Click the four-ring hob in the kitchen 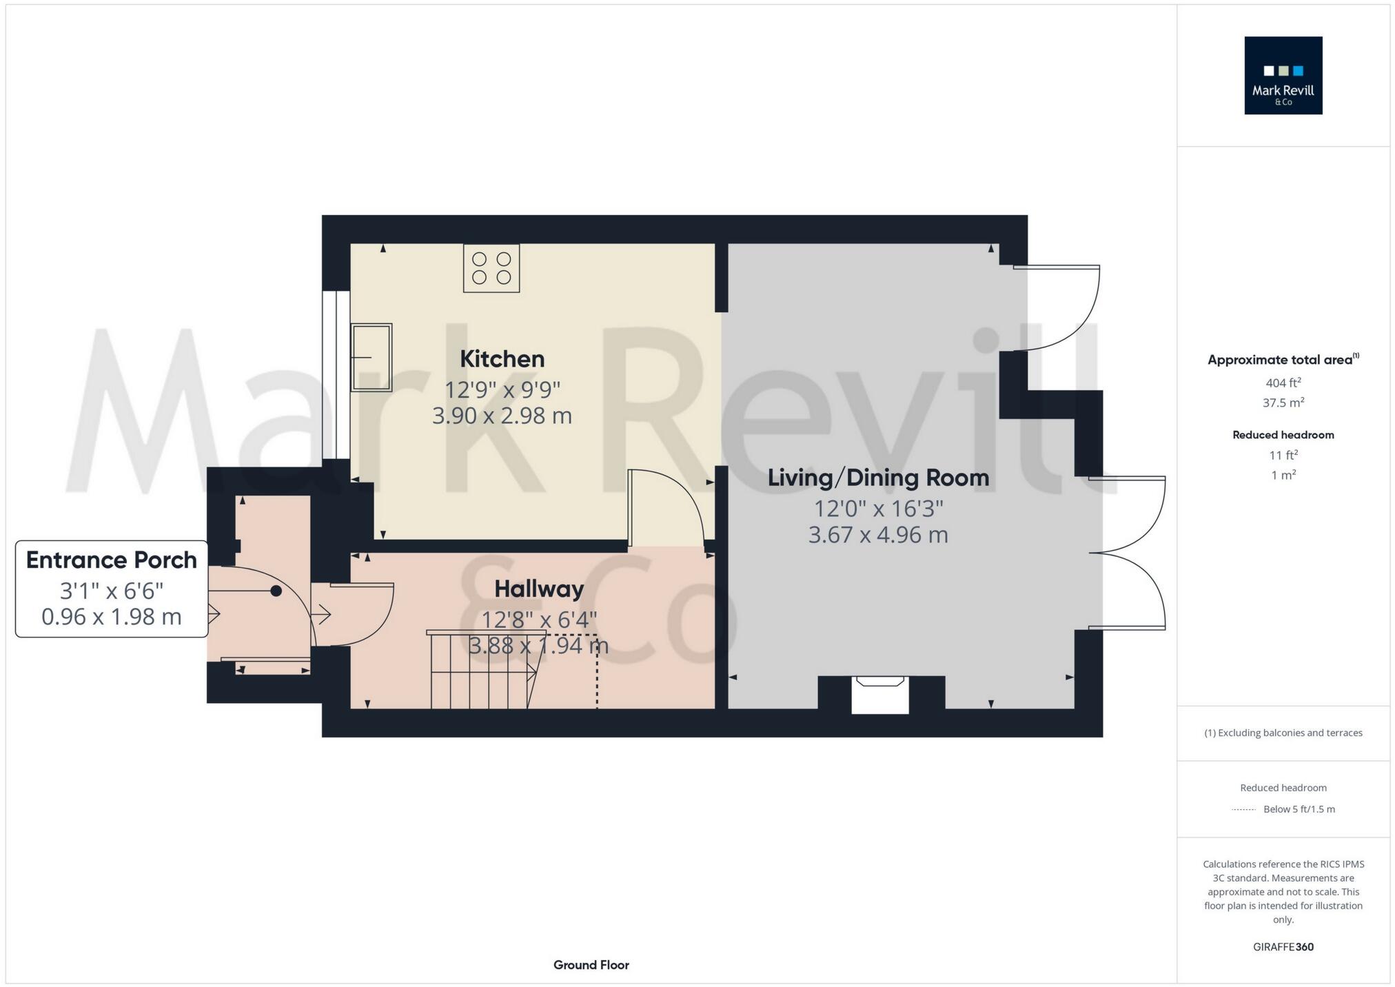point(491,269)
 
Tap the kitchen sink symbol point(371,357)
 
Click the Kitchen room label point(502,359)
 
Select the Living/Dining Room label point(878,478)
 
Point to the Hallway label point(539,589)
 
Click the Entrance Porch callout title point(112,560)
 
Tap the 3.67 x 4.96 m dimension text point(878,535)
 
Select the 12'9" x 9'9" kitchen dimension point(502,389)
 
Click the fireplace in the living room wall point(880,693)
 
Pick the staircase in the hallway point(482,670)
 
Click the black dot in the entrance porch point(276,591)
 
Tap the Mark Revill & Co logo point(1283,76)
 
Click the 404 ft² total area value point(1283,383)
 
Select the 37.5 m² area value point(1283,403)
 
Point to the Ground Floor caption point(591,965)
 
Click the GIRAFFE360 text point(1283,947)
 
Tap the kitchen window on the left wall point(336,375)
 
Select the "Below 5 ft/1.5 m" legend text point(1299,809)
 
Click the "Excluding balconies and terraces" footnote point(1283,733)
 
